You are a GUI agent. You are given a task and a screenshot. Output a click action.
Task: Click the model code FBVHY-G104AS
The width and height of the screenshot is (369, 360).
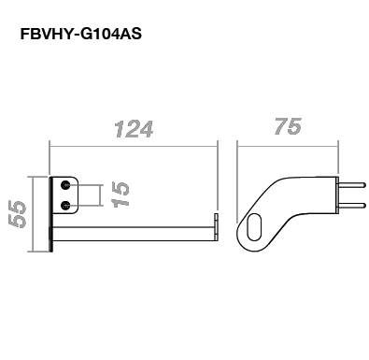click(81, 34)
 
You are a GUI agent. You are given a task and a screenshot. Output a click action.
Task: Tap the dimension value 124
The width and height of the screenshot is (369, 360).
click(134, 129)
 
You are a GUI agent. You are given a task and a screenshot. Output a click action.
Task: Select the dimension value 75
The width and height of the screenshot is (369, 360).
click(289, 126)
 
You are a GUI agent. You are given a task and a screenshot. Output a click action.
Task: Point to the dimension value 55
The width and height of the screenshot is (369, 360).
click(17, 214)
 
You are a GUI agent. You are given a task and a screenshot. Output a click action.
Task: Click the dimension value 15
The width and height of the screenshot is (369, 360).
click(121, 194)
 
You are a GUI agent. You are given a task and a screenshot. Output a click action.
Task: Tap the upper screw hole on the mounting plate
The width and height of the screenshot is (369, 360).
click(65, 185)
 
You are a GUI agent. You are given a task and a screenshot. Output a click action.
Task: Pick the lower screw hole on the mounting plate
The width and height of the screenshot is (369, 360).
click(65, 205)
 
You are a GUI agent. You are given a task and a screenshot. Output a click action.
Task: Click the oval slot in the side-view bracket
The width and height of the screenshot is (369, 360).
click(254, 227)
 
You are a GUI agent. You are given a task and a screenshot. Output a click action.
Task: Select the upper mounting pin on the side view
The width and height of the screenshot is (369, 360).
click(351, 185)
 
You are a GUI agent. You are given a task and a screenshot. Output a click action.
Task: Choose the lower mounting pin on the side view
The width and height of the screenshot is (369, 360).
click(351, 205)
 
